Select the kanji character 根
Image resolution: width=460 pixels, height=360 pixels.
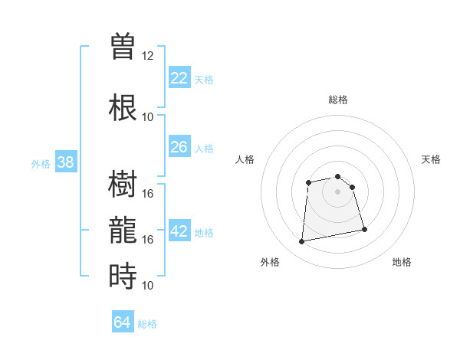click(x=123, y=107)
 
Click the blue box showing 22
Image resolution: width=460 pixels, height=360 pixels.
click(x=179, y=78)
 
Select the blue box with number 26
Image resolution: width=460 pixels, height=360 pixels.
click(x=179, y=147)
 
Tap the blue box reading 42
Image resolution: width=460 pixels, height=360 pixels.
click(x=179, y=231)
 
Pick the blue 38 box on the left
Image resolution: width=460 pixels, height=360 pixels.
click(x=66, y=162)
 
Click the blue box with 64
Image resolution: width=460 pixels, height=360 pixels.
click(x=123, y=322)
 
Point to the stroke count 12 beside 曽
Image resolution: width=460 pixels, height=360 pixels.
click(x=148, y=56)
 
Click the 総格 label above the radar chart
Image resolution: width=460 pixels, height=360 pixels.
click(x=338, y=100)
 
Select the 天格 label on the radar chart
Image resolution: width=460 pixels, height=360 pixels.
click(x=431, y=159)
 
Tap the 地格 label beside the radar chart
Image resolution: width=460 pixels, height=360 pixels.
click(x=402, y=262)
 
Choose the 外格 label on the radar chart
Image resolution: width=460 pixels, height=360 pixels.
click(x=270, y=262)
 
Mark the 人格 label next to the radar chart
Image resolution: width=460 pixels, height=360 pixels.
click(x=245, y=159)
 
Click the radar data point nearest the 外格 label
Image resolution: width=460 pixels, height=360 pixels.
click(x=302, y=242)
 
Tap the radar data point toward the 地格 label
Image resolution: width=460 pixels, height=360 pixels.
click(x=364, y=230)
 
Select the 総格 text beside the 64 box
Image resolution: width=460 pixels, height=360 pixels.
click(x=147, y=324)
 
